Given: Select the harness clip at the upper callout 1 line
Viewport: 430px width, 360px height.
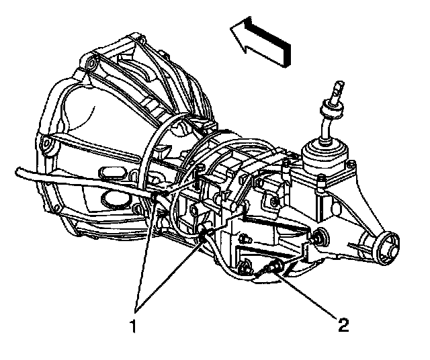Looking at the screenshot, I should pos(157,197).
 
